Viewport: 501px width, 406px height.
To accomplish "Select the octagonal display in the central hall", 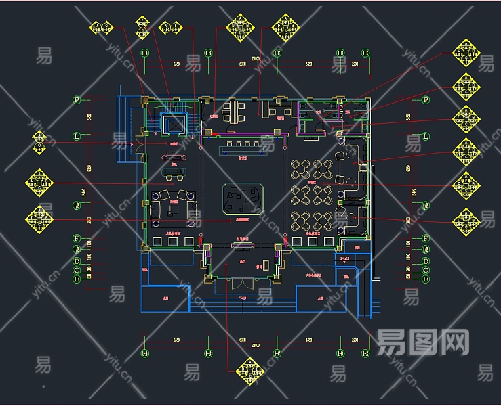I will pos(242,198).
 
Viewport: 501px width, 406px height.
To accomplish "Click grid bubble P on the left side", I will pos(77,100).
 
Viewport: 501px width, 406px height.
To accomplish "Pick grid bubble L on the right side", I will pos(426,136).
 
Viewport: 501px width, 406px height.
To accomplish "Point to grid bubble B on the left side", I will pos(77,279).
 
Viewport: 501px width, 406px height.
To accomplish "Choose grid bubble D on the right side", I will pos(426,261).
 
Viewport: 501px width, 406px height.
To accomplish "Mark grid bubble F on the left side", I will pos(77,239).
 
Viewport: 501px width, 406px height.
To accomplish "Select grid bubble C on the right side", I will pos(426,270).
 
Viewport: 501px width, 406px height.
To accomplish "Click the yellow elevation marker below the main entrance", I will pos(249,371).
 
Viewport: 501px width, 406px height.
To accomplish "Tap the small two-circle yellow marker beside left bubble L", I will pos(41,141).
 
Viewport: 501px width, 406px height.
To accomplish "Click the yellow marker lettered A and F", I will pos(170,28).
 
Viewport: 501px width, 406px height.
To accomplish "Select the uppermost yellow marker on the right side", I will pos(466,51).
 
